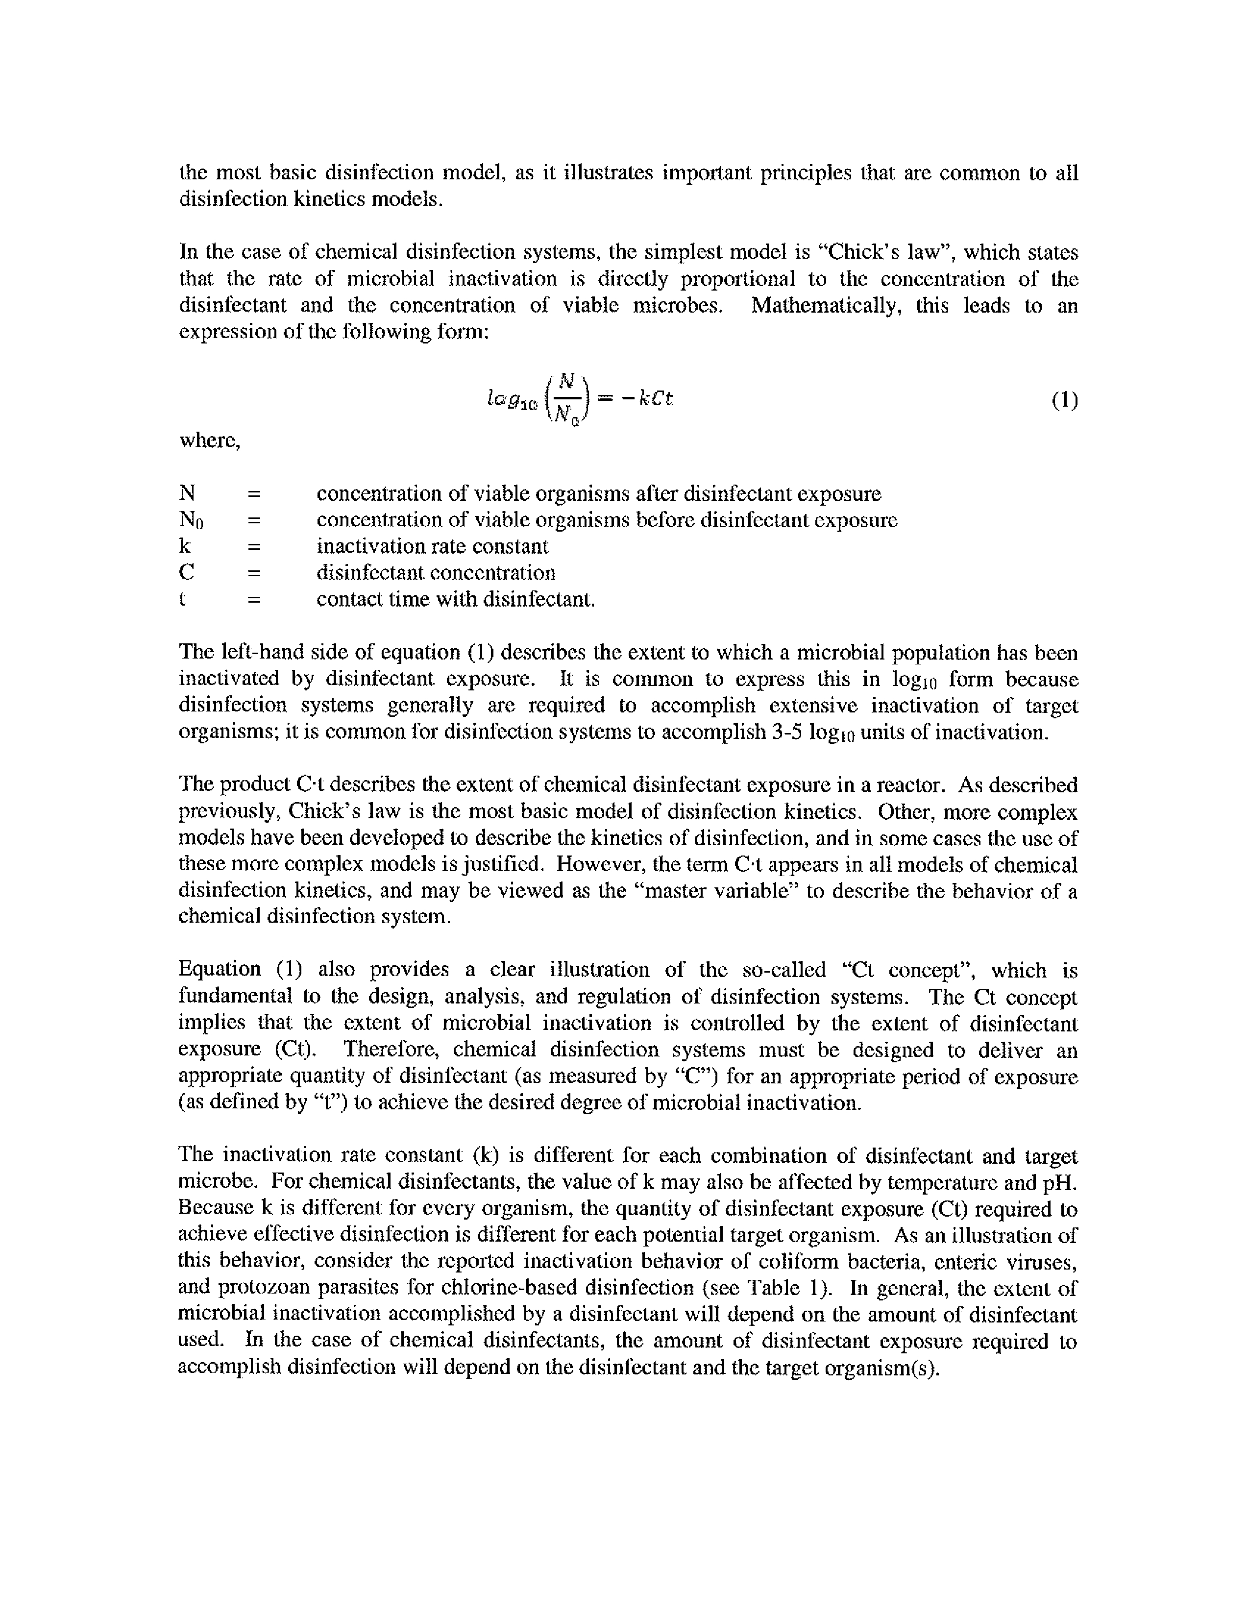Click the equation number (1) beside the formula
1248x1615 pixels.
(x=1064, y=401)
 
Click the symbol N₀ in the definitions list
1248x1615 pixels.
(x=191, y=520)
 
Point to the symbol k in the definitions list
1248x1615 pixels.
(x=185, y=546)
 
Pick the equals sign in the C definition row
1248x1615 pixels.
(x=254, y=573)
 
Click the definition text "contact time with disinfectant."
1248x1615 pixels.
(x=455, y=599)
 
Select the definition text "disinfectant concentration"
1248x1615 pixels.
(x=436, y=573)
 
